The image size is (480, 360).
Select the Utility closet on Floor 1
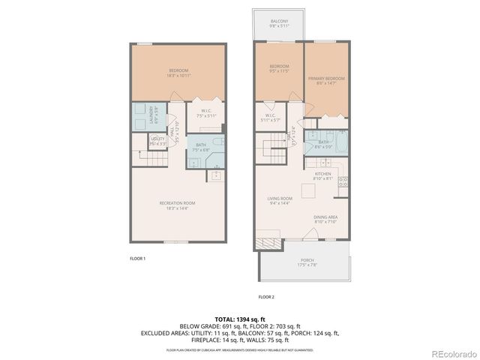(157, 140)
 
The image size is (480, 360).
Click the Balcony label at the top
(279, 22)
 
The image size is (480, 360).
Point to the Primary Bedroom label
(325, 79)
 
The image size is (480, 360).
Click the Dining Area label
(325, 219)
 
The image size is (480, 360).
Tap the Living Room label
(279, 200)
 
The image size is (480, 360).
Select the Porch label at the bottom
(304, 262)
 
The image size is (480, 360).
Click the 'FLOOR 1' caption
(137, 259)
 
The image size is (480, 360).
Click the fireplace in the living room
(268, 244)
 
